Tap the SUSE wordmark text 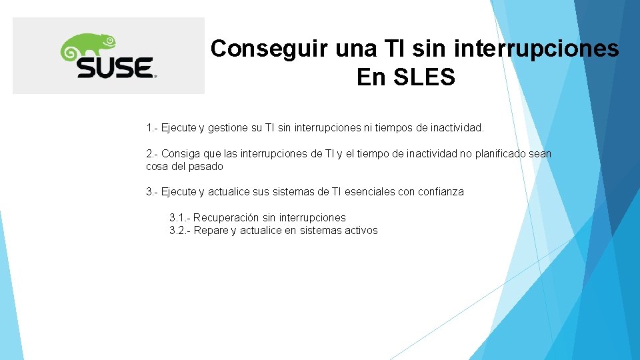pos(114,67)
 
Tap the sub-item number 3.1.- pos(180,217)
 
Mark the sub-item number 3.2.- pos(180,231)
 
